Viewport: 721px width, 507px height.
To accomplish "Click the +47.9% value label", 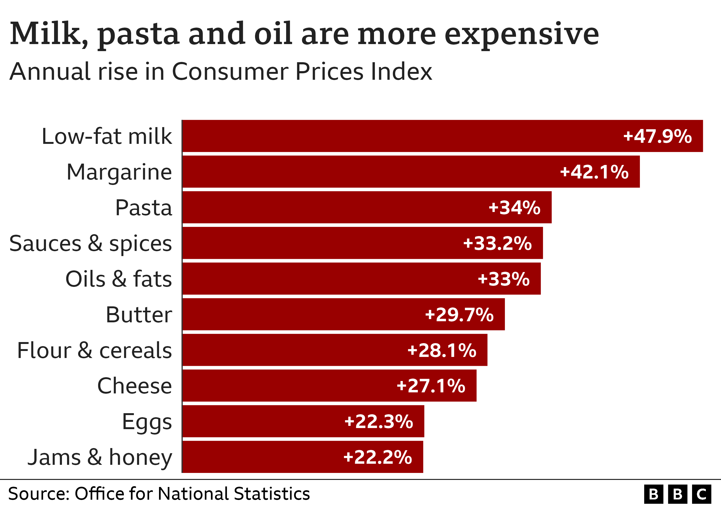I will [x=657, y=136].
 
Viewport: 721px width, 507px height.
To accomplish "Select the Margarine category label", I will [x=119, y=172].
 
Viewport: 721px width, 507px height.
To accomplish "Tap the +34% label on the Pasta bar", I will [x=514, y=207].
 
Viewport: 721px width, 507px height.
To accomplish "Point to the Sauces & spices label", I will [x=90, y=243].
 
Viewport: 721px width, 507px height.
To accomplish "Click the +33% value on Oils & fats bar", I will [x=503, y=279].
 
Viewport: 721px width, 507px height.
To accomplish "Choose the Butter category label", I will [x=139, y=314].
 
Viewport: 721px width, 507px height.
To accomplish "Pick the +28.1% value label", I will [x=442, y=350].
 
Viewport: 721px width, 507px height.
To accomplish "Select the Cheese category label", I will [x=134, y=386].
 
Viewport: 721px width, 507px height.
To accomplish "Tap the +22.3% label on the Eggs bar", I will [x=378, y=421].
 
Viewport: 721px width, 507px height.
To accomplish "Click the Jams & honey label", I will [x=100, y=457].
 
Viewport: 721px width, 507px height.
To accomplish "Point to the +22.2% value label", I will [x=378, y=457].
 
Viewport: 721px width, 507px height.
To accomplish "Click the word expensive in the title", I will [x=522, y=34].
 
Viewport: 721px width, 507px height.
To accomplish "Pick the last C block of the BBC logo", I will [x=702, y=494].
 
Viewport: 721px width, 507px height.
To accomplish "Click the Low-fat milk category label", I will [x=107, y=136].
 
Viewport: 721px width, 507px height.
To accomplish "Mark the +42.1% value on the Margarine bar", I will [x=594, y=172].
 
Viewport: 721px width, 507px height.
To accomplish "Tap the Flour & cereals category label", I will [x=94, y=350].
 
